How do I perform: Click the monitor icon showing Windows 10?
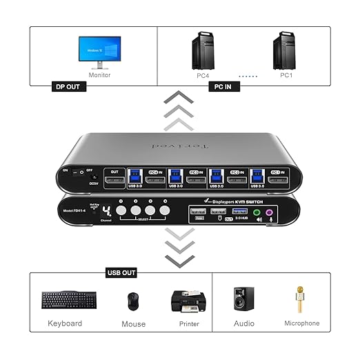pos(99,52)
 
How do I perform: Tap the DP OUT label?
pos(70,88)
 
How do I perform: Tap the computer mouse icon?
pos(132,301)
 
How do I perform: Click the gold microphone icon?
pos(301,301)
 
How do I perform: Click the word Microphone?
pos(301,323)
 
